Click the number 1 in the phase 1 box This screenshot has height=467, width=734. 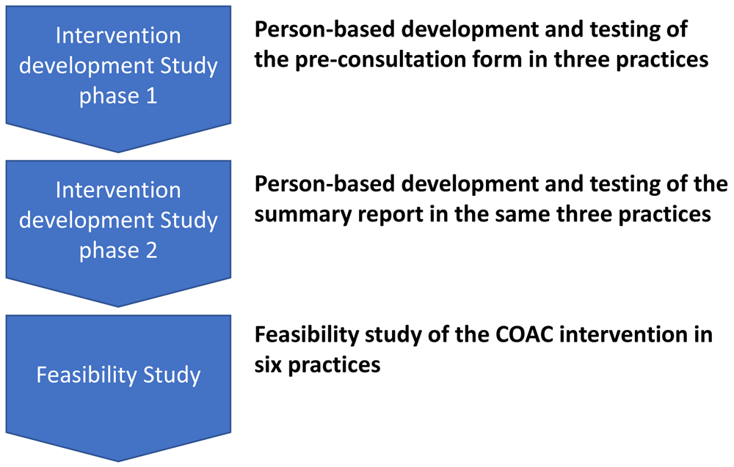click(151, 96)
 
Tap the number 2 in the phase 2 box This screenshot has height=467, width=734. click(151, 251)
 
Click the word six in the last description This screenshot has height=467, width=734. click(268, 364)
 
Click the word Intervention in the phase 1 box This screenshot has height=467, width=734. click(118, 35)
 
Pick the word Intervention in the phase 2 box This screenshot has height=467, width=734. click(118, 191)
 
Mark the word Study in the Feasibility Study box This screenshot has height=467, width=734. click(172, 375)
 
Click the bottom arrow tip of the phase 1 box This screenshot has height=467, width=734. click(118, 152)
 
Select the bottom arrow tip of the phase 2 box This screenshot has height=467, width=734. click(118, 306)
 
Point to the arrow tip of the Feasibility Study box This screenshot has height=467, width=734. click(118, 461)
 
